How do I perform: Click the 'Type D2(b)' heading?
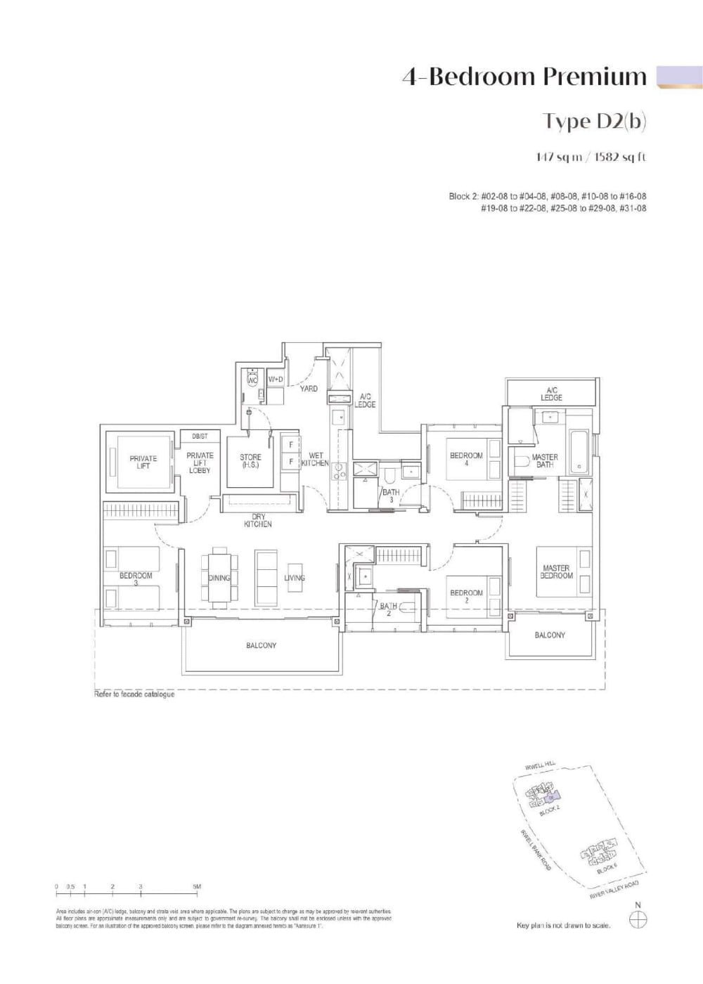tap(595, 121)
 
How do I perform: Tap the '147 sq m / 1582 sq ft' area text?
tap(591, 157)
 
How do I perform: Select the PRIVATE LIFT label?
tap(143, 462)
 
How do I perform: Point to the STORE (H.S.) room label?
tap(250, 461)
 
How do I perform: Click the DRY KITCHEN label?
tap(258, 520)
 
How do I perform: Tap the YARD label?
tap(309, 389)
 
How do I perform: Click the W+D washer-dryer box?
tap(276, 380)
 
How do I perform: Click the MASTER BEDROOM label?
tap(556, 571)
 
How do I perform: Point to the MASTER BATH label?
tap(545, 460)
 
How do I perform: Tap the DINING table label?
tap(219, 578)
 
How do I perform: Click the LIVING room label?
tap(295, 578)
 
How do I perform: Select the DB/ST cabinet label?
tap(200, 436)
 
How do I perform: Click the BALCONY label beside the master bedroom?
tap(549, 635)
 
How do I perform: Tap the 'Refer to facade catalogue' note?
tap(134, 694)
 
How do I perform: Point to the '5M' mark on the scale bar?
tap(197, 887)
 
